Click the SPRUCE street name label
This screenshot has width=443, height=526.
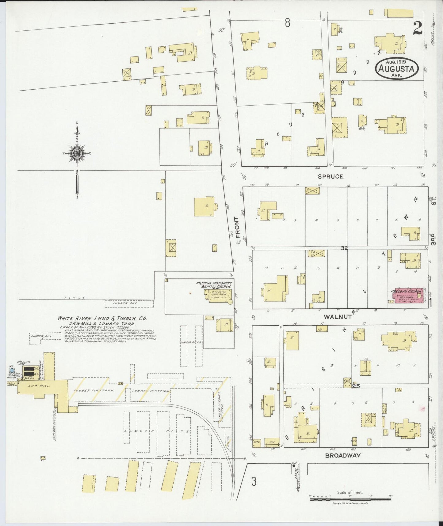pyautogui.click(x=330, y=176)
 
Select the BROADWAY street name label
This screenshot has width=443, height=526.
pyautogui.click(x=343, y=455)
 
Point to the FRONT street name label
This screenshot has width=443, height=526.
pyautogui.click(x=236, y=227)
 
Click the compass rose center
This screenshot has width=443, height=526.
pyautogui.click(x=76, y=153)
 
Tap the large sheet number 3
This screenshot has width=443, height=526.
pyautogui.click(x=254, y=482)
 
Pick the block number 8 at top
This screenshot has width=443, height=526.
pyautogui.click(x=287, y=23)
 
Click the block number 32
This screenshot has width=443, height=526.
pyautogui.click(x=344, y=248)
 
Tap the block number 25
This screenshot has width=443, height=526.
pyautogui.click(x=356, y=386)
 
